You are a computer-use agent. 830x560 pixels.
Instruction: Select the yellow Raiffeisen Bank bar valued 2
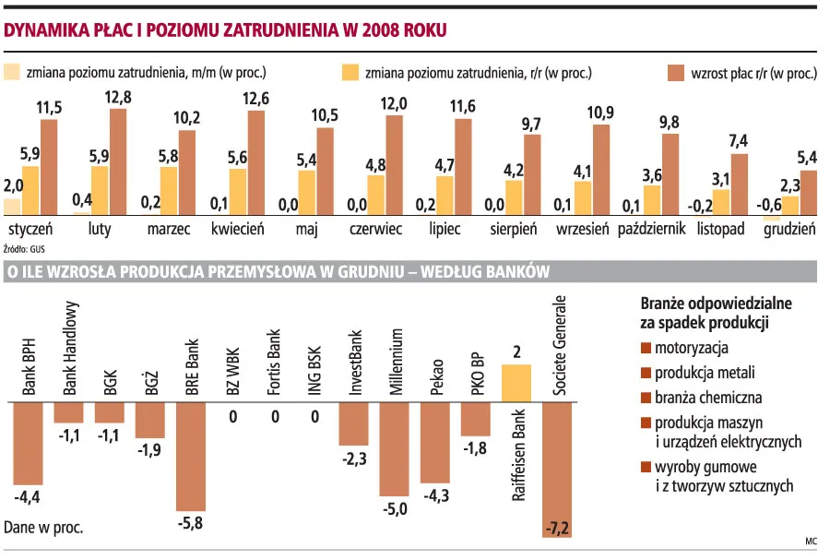coord(516,383)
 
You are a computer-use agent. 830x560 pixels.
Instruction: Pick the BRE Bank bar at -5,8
coord(191,457)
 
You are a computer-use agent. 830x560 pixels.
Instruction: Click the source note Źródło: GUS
coord(25,248)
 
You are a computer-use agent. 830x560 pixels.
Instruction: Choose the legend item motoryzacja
coord(692,349)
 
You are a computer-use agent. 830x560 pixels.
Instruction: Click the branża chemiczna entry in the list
coord(707,398)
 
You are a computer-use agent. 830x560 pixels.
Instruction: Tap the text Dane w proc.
coord(43,528)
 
